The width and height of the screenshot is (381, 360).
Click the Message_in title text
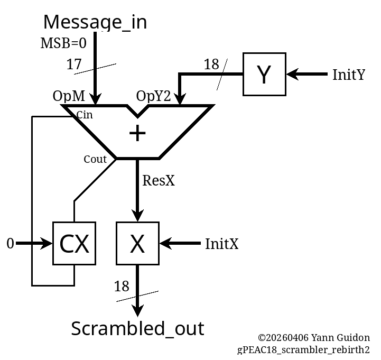pos(95,22)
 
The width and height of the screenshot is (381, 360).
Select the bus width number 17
pos(74,64)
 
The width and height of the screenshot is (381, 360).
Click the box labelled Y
pos(264,75)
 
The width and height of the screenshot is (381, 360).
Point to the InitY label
pos(348,75)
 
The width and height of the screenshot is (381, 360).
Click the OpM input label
pos(69,96)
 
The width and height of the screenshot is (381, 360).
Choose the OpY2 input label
pos(154,96)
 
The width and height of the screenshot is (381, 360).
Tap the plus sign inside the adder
pos(137,133)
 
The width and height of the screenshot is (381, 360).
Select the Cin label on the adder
pos(85,115)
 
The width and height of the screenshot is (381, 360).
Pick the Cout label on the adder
pos(95,159)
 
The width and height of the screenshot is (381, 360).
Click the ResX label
pos(159,181)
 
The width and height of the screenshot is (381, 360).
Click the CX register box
pos(74,244)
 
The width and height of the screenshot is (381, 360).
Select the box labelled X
pos(137,244)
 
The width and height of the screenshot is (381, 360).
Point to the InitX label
pos(221,244)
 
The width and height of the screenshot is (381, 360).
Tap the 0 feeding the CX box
pos(10,244)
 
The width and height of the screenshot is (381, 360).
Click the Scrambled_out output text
pos(137,329)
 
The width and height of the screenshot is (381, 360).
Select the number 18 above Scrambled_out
pos(122,287)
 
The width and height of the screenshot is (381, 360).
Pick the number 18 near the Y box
pos(211,64)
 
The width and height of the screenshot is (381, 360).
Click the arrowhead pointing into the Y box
pos(292,75)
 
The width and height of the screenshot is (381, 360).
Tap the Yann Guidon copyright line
pos(313,338)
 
